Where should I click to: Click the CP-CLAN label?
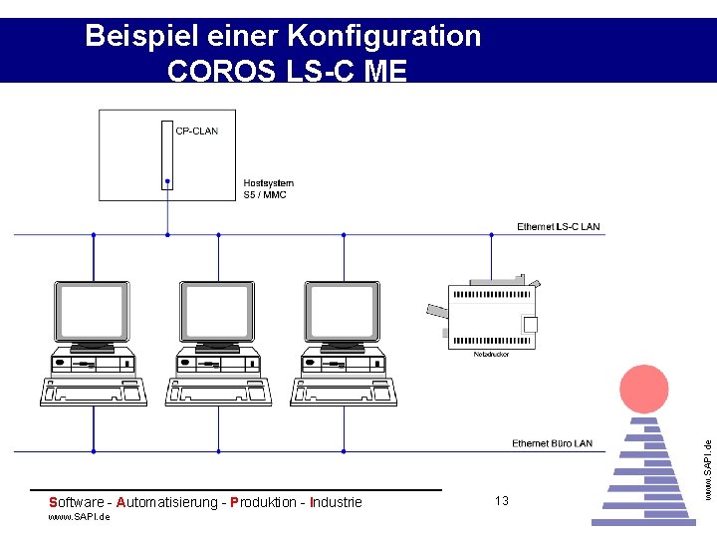(196, 131)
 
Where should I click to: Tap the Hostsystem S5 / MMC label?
(268, 188)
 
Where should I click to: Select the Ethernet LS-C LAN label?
(558, 227)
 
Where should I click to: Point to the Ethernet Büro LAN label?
(552, 443)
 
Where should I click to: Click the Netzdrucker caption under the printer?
(491, 354)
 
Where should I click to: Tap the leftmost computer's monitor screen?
(93, 310)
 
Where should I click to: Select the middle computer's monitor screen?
(217, 310)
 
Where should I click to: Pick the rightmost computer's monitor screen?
(343, 310)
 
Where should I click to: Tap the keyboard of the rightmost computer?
(344, 392)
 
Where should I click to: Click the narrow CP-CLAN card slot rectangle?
(167, 153)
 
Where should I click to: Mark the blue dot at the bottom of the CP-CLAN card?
(167, 182)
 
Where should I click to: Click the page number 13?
(501, 500)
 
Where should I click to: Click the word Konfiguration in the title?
(383, 37)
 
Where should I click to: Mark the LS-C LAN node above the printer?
(491, 235)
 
